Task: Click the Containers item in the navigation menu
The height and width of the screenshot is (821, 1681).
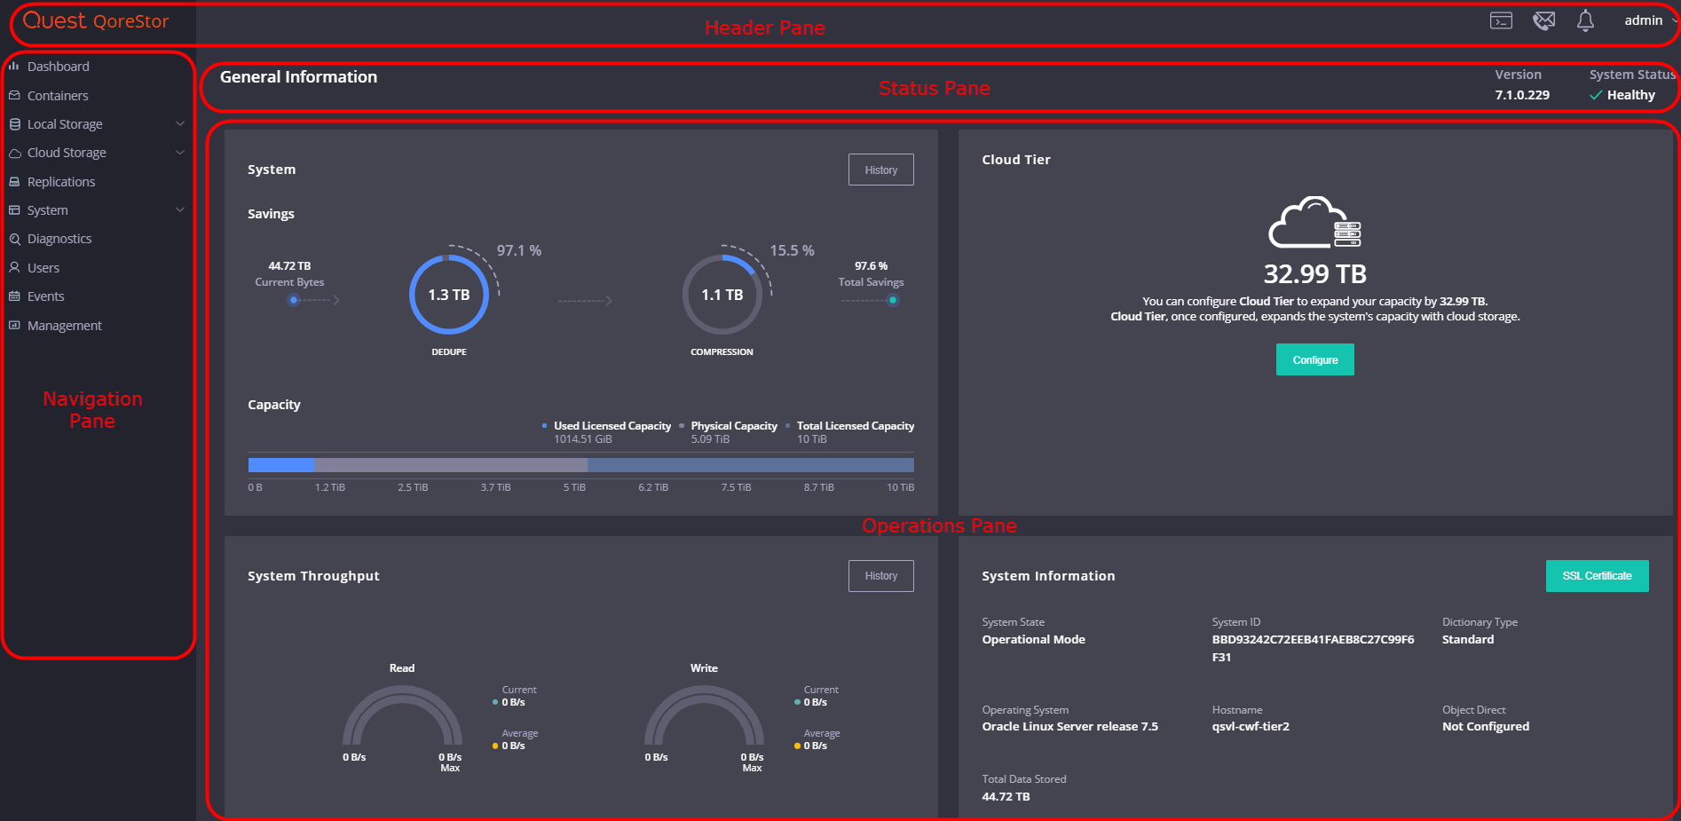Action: coord(58,96)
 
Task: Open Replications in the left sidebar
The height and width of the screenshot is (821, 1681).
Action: coord(60,182)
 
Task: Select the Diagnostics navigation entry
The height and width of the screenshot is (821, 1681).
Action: coord(59,239)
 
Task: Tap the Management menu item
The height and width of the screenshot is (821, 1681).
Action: coord(64,326)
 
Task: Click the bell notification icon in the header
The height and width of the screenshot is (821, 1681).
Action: coord(1585,20)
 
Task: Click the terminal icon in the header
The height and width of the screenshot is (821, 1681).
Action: coord(1501,20)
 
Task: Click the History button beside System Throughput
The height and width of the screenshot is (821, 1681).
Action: coord(880,576)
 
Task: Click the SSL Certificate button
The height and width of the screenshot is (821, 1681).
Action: coord(1597,576)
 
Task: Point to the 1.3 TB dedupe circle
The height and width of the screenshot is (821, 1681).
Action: coord(449,295)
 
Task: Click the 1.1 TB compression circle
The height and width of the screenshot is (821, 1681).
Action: coord(722,295)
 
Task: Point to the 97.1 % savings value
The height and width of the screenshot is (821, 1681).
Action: coord(519,251)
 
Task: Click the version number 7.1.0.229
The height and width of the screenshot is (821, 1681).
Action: coord(1522,95)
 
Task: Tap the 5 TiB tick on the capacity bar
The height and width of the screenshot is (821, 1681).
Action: coord(574,487)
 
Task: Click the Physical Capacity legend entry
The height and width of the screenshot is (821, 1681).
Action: coord(733,426)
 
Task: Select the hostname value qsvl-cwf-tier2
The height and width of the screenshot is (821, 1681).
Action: coord(1251,726)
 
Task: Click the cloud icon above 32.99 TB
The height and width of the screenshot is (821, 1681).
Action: coord(1314,223)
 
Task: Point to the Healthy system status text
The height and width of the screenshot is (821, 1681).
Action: coord(1630,95)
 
